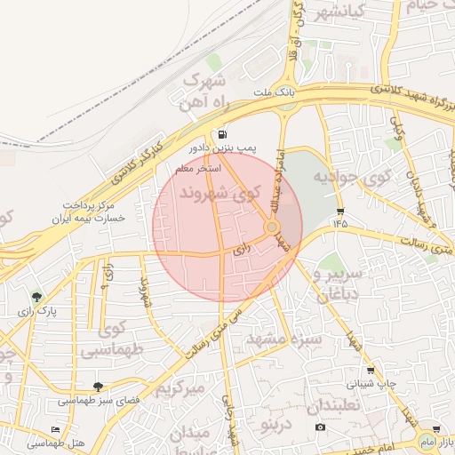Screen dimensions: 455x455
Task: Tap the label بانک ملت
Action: (x=272, y=92)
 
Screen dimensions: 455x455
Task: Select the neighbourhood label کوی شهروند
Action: (x=219, y=192)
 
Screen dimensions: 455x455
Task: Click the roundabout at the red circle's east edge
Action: (x=272, y=228)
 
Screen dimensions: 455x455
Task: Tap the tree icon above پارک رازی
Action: (x=36, y=298)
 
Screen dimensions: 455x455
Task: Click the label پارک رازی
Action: (x=36, y=312)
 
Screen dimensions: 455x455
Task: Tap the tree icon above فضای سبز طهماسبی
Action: (x=98, y=387)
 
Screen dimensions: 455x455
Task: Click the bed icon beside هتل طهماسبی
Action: (x=56, y=429)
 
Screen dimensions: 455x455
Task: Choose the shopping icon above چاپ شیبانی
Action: (x=371, y=371)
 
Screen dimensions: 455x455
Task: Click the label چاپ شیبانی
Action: (x=371, y=384)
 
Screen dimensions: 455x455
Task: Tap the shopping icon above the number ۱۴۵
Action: (x=340, y=212)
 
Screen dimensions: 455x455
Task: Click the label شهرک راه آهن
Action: (x=211, y=89)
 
